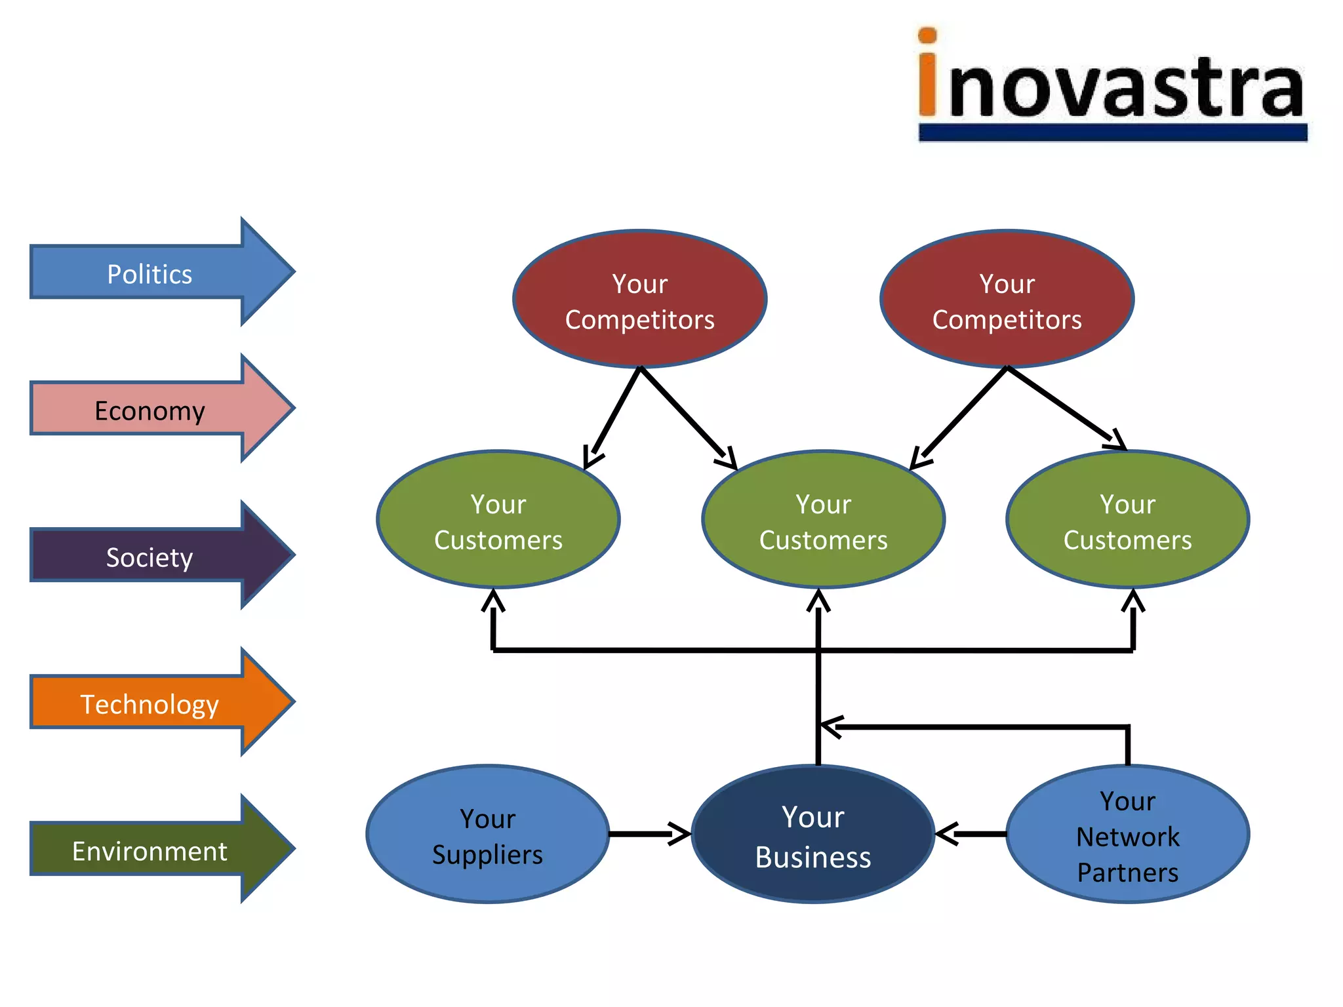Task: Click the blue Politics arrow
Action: click(151, 273)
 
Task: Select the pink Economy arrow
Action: click(151, 410)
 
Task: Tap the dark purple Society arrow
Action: click(151, 557)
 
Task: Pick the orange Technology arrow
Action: click(151, 703)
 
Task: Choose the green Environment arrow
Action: click(151, 850)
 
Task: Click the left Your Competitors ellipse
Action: click(639, 300)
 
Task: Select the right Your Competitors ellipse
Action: click(1007, 300)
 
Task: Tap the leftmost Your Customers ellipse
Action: click(498, 520)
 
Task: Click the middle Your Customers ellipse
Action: click(823, 520)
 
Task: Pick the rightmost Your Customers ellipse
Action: click(1127, 520)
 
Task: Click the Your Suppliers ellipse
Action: click(487, 835)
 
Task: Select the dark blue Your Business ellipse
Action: click(812, 835)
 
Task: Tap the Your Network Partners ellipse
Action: click(1127, 835)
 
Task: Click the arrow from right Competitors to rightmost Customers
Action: click(1066, 408)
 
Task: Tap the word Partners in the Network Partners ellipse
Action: click(1127, 873)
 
